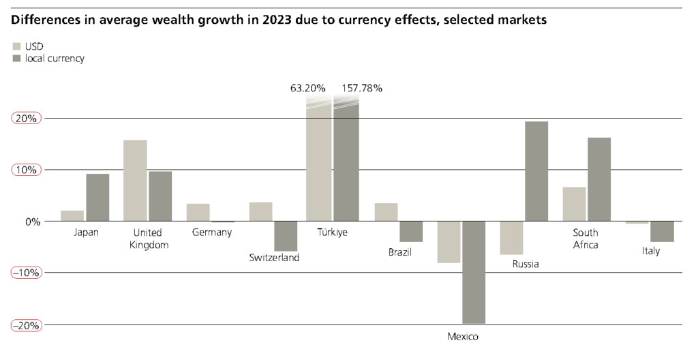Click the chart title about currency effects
(279, 20)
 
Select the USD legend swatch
(17, 46)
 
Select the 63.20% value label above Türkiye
(308, 88)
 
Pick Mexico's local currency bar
(474, 272)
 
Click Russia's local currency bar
(536, 171)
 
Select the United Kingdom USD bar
(135, 181)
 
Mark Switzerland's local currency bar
(286, 236)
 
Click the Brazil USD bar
(386, 212)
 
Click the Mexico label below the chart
(463, 337)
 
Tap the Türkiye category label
(332, 232)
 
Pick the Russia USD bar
(511, 238)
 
